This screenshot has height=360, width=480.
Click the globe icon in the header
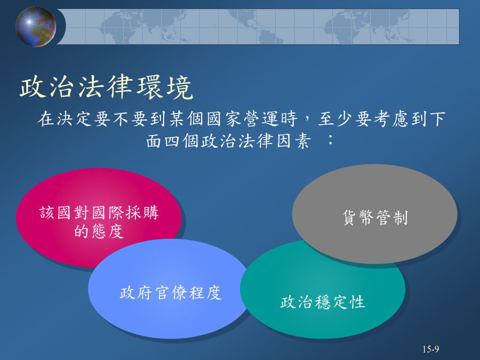tap(36, 27)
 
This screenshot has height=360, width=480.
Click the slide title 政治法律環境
tap(107, 87)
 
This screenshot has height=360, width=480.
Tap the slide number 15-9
tap(431, 349)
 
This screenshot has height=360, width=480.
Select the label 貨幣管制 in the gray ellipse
tap(375, 218)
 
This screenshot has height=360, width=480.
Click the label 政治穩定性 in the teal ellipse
tap(323, 302)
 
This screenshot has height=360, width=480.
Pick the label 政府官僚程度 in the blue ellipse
tap(171, 293)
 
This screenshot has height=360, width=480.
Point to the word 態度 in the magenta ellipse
tap(108, 231)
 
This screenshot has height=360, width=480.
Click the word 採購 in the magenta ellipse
tap(142, 212)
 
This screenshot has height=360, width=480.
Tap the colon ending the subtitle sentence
tap(330, 141)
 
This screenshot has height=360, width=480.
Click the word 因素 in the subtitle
tap(293, 141)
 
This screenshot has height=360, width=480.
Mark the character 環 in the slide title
tap(150, 87)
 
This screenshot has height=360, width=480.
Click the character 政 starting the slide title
tap(33, 87)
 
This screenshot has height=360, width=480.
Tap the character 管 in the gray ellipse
tap(383, 218)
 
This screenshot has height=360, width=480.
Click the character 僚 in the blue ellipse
tap(179, 293)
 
